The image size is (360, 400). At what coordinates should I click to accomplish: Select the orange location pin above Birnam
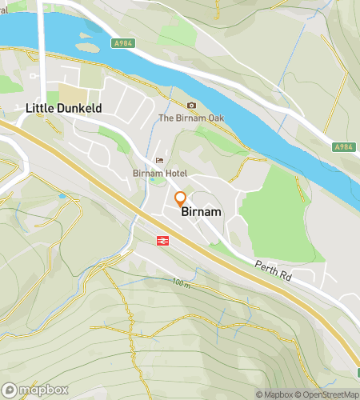[180, 198]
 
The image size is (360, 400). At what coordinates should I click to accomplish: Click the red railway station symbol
[161, 239]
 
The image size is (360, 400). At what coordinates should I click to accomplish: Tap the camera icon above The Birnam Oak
[191, 106]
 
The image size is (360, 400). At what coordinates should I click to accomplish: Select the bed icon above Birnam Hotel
[159, 161]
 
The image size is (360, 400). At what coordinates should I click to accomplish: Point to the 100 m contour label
[182, 283]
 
